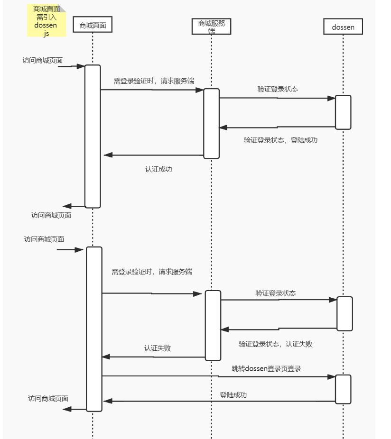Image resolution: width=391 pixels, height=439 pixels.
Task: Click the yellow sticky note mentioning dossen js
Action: pos(47,20)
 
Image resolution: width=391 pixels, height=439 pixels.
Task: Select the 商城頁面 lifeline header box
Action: pos(93,25)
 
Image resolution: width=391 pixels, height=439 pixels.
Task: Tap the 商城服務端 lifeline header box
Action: pos(211,27)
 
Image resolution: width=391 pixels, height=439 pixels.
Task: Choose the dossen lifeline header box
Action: pos(343,27)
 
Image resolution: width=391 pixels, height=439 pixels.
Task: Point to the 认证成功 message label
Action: pos(158,169)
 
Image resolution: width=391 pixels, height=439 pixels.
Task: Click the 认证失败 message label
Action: pos(157,348)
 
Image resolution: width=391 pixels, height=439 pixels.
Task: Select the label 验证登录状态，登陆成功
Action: pos(280,140)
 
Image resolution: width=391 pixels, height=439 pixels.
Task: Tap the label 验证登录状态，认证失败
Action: pos(276,344)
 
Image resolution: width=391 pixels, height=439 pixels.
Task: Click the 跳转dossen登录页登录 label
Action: pos(266,368)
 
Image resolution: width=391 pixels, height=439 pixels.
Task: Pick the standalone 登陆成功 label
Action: pos(233,395)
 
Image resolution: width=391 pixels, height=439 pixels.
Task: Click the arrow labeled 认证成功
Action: pos(154,155)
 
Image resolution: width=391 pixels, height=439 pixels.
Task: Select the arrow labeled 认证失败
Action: pos(154,357)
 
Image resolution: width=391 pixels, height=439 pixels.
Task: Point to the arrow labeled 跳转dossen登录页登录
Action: pos(219,376)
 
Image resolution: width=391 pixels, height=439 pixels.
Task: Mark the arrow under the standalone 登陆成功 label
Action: pos(219,401)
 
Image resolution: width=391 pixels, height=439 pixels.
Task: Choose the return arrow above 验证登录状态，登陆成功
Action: pos(277,127)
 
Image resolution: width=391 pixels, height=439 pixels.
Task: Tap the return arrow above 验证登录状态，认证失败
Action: pos(279,329)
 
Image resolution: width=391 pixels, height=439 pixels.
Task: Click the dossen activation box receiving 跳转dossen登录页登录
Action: pos(343,389)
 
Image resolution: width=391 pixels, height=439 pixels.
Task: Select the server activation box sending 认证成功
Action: pos(211,123)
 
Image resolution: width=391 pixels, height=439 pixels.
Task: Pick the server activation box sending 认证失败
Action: pos(213,325)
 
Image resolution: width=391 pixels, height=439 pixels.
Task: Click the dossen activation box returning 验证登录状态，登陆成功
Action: pos(343,112)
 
